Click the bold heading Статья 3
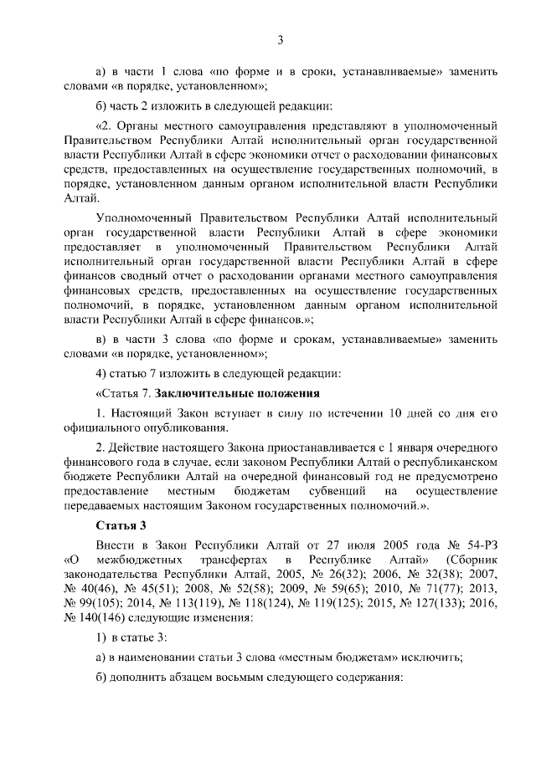[x=121, y=524]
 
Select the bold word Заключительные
[x=200, y=392]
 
